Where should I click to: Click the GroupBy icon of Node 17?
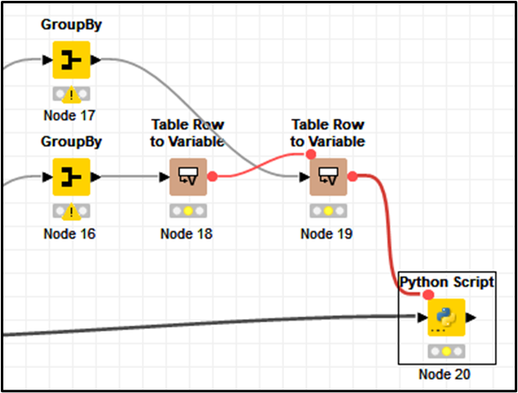(x=71, y=60)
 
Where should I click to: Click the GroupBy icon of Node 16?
(x=71, y=176)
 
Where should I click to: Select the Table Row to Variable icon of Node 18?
(x=187, y=176)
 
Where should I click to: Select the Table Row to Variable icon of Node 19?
(x=327, y=176)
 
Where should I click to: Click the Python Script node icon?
(x=447, y=317)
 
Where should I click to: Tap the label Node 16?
(x=71, y=233)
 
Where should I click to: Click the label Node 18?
(x=187, y=233)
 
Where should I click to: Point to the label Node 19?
(x=327, y=233)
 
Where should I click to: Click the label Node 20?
(x=447, y=375)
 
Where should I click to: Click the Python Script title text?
(x=447, y=282)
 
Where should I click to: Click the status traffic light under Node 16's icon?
(x=71, y=211)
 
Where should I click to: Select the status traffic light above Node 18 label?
(x=187, y=211)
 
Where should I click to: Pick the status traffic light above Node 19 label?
(x=327, y=211)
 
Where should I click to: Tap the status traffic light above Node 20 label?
(x=447, y=351)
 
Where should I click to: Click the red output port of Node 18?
(x=213, y=176)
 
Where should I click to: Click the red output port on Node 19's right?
(x=352, y=176)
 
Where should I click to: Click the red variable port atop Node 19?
(x=310, y=154)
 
